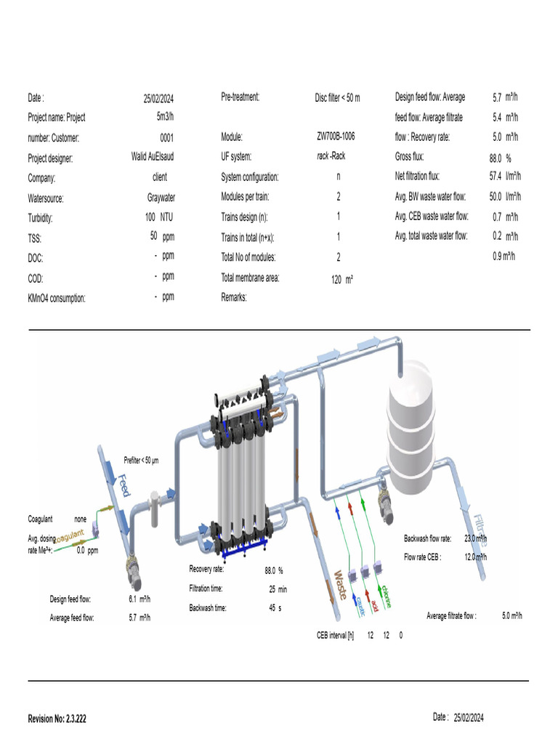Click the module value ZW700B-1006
(336, 137)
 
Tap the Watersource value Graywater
(161, 197)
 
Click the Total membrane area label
(250, 278)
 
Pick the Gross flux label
(409, 157)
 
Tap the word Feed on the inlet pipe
(124, 485)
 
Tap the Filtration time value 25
(273, 589)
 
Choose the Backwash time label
(208, 607)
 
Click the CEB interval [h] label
(335, 635)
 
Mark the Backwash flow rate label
(427, 538)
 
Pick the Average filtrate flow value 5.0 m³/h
(511, 616)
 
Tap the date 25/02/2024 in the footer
(468, 718)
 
